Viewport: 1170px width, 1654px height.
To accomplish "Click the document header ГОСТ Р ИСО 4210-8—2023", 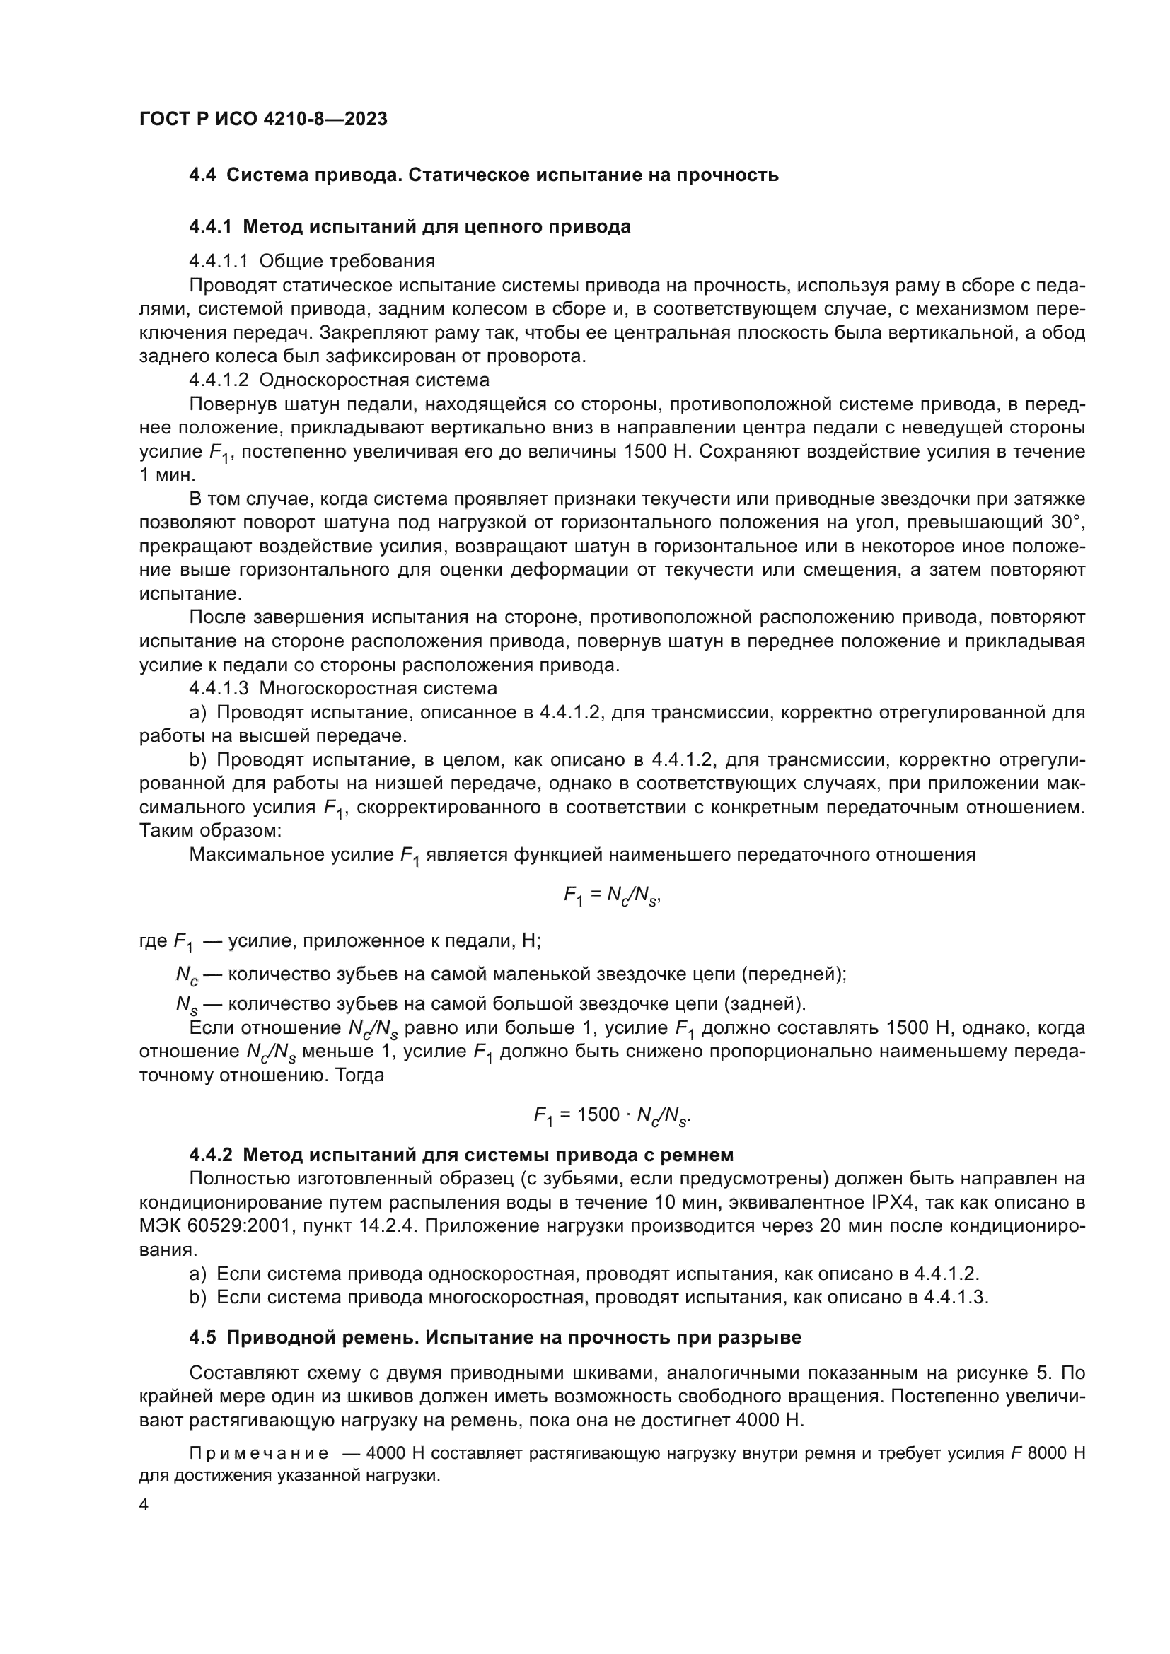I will (263, 120).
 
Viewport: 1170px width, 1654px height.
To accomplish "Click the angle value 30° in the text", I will (1069, 523).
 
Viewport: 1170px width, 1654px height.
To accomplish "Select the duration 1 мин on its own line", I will (157, 475).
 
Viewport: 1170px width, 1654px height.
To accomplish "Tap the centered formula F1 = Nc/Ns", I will (612, 896).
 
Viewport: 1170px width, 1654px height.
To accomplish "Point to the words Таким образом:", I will (209, 831).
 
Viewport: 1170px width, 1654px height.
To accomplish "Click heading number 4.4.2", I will (210, 1155).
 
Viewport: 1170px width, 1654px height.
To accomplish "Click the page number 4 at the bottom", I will (144, 1506).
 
